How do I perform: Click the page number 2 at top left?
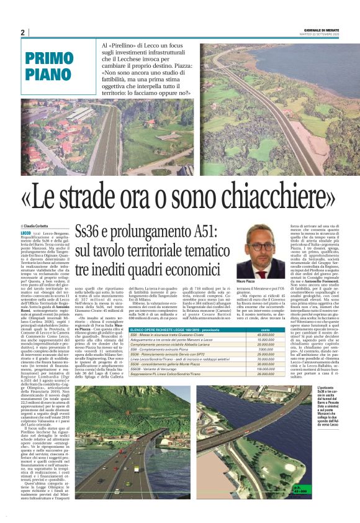click(x=22, y=33)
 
